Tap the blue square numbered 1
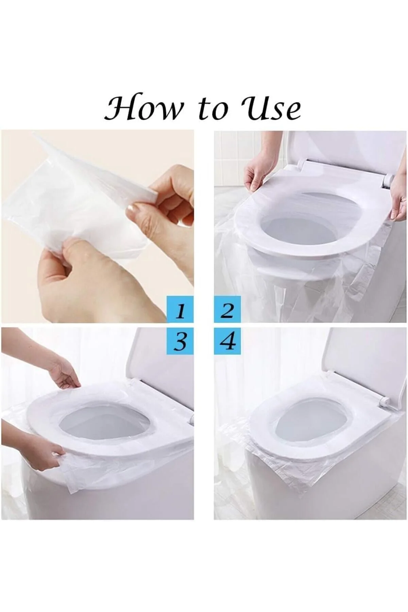click(180, 309)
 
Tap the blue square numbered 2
click(227, 309)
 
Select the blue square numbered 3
click(180, 341)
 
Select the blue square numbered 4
click(227, 341)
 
